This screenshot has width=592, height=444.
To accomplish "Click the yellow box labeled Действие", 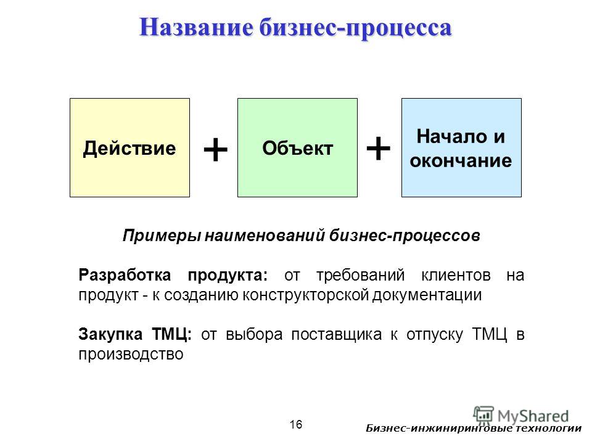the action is pyautogui.click(x=130, y=147).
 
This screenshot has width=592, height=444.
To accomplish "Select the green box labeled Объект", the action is pyautogui.click(x=297, y=147).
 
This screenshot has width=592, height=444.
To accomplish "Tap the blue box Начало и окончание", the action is pyautogui.click(x=461, y=147).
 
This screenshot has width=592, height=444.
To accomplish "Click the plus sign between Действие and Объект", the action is pyautogui.click(x=216, y=149).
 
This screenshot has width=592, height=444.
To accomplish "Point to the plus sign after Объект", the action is pyautogui.click(x=378, y=149).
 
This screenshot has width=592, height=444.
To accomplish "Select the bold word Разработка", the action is pyautogui.click(x=125, y=275).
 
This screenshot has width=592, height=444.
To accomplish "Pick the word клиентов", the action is pyautogui.click(x=456, y=276).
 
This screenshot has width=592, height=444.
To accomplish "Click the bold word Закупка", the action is pyautogui.click(x=110, y=334).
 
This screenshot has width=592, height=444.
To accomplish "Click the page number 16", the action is pyautogui.click(x=296, y=425).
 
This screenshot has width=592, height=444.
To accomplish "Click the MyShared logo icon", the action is pyautogui.click(x=483, y=414).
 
